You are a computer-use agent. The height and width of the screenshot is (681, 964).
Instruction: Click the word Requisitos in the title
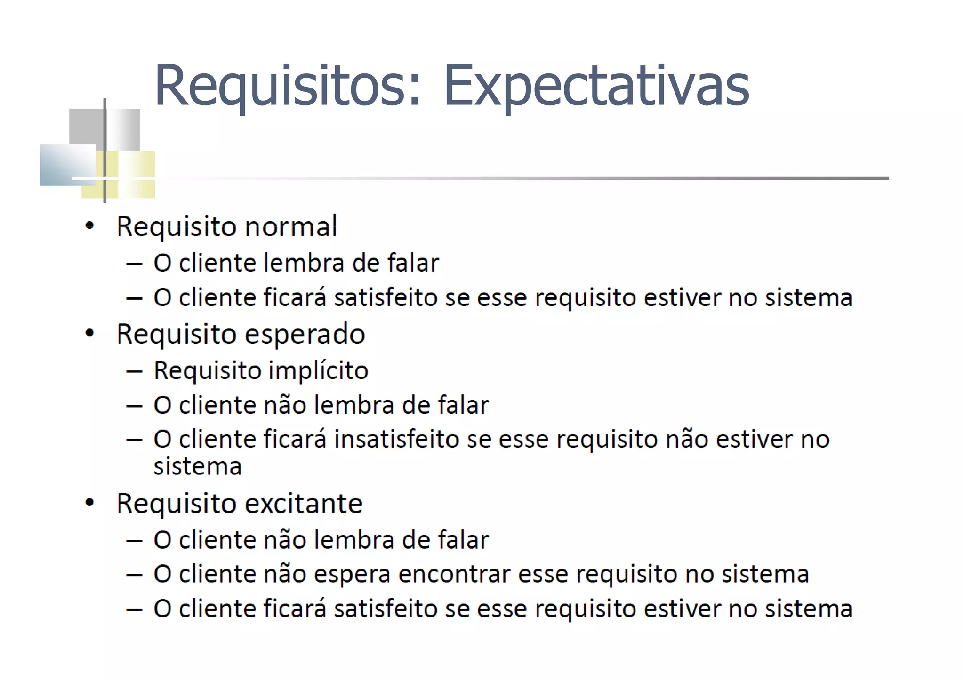(x=280, y=86)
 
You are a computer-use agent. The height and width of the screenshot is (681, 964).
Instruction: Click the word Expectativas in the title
(x=596, y=86)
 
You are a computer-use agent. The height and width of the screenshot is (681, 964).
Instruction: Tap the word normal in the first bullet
(x=291, y=226)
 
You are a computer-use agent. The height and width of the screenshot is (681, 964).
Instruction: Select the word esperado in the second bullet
(x=305, y=335)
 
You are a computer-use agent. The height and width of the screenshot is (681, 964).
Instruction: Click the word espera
(x=352, y=574)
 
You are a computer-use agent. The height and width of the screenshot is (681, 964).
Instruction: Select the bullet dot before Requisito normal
(x=89, y=226)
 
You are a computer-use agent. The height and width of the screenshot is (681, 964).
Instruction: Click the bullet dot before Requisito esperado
(x=89, y=334)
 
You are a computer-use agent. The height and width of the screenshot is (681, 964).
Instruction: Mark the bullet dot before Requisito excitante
(x=89, y=503)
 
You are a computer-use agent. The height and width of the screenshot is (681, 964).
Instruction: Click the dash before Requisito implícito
(x=134, y=371)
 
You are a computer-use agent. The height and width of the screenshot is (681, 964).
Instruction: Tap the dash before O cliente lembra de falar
(x=134, y=264)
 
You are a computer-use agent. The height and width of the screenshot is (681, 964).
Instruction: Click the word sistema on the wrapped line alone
(x=197, y=466)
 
